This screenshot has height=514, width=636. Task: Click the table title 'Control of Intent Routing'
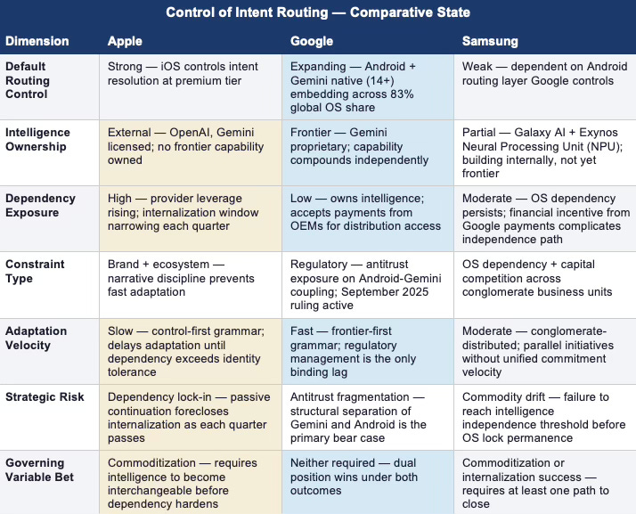coord(318,12)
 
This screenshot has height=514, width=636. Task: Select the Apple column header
coord(125,41)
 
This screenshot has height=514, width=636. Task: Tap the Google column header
coord(313,41)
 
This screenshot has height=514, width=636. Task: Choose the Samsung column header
coord(491,41)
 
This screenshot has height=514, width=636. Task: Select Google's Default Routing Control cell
coord(368,86)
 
